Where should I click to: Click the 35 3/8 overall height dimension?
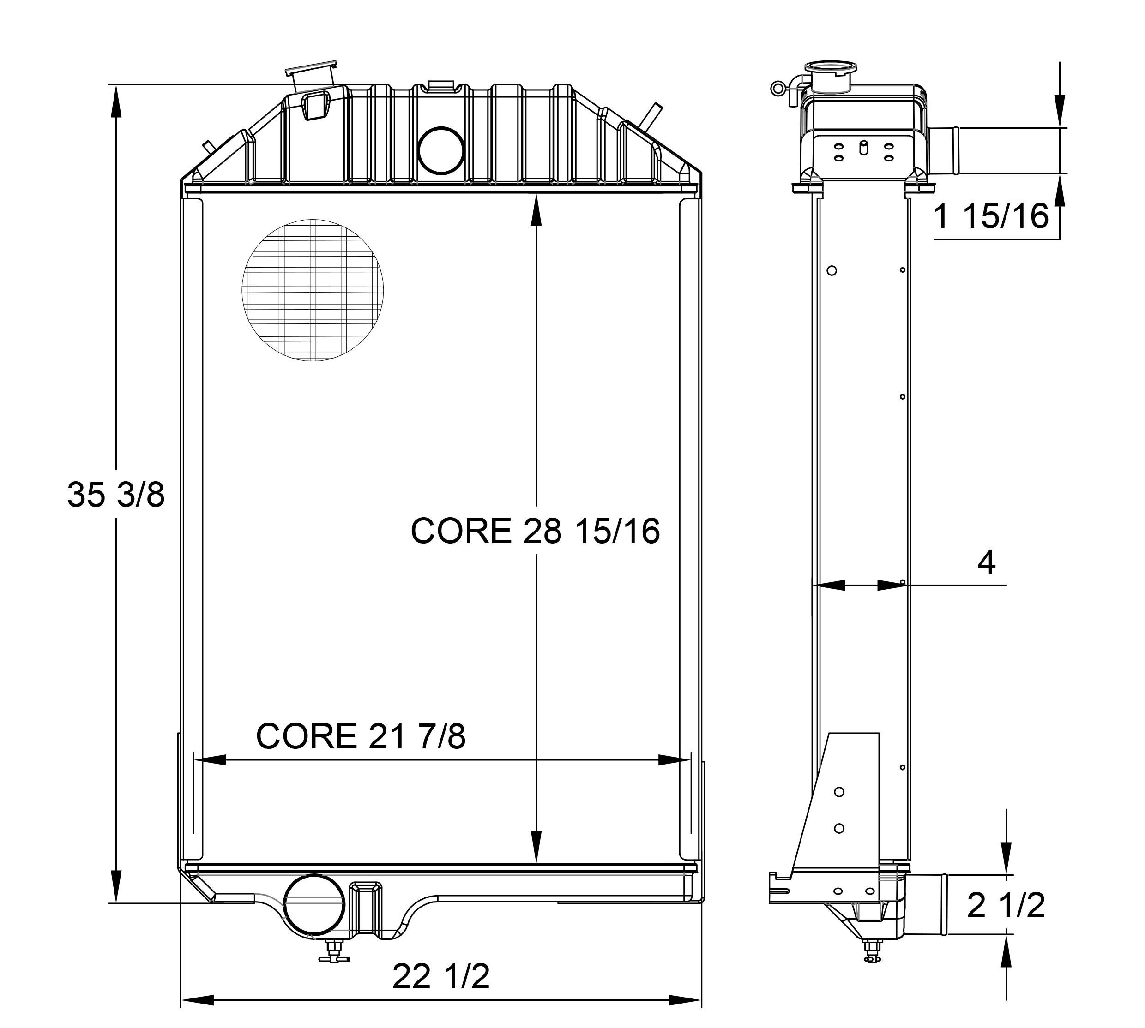pyautogui.click(x=116, y=494)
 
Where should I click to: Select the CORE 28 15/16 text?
pyautogui.click(x=535, y=531)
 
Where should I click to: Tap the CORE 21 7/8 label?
pyautogui.click(x=361, y=736)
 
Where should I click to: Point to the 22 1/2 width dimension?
pyautogui.click(x=441, y=977)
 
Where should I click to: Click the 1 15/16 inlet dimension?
pyautogui.click(x=991, y=216)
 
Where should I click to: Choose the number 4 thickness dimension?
pyautogui.click(x=986, y=562)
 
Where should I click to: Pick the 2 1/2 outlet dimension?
pyautogui.click(x=1006, y=905)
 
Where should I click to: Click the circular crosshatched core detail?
pyautogui.click(x=313, y=290)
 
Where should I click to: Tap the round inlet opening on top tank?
pyautogui.click(x=441, y=149)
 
